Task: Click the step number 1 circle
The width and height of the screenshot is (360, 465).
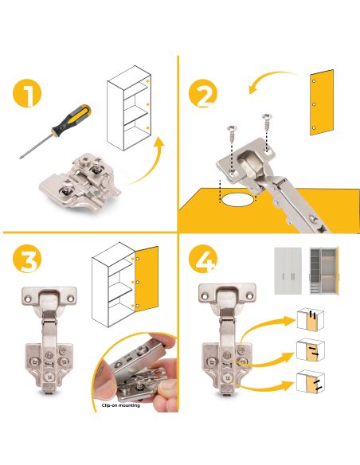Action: [29, 95]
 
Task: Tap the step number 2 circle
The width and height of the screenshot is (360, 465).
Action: [203, 95]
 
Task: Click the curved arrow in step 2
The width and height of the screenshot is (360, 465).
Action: [271, 80]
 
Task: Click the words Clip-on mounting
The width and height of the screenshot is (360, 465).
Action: [121, 405]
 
